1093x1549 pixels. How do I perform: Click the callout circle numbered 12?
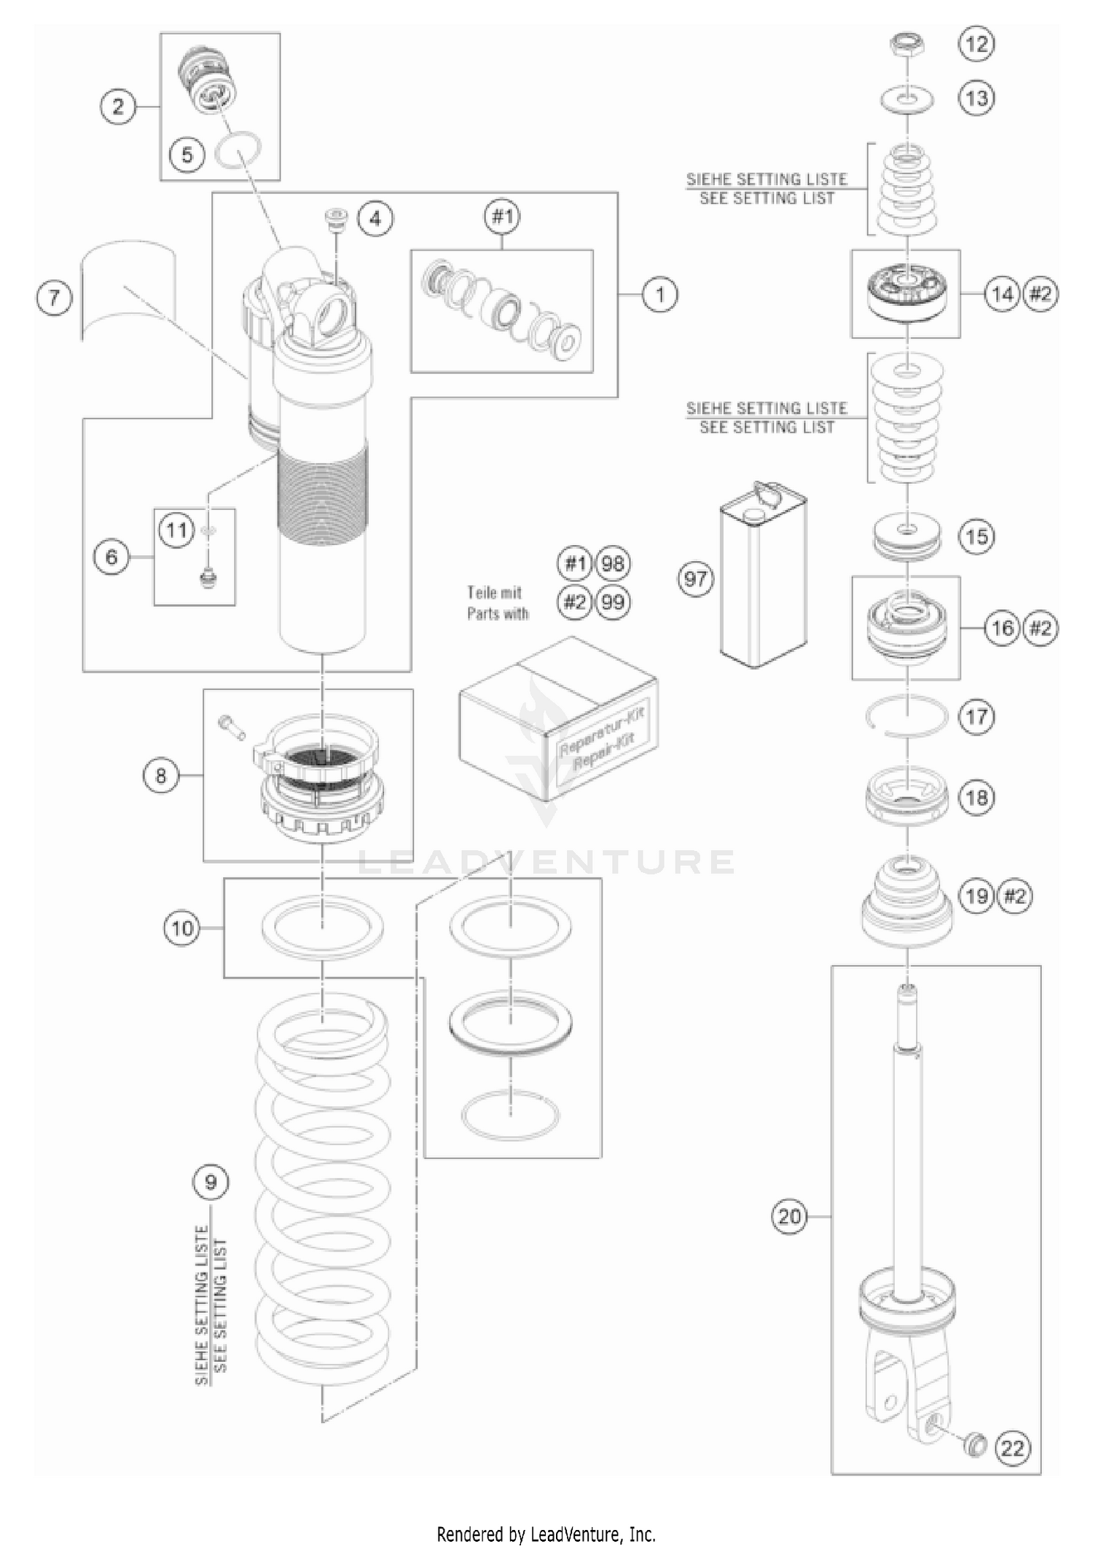(976, 44)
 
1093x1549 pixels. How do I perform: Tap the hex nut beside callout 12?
(908, 46)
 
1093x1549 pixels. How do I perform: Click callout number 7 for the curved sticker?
(55, 299)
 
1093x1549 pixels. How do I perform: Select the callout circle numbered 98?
(613, 563)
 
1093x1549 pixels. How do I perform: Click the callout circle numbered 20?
(790, 1216)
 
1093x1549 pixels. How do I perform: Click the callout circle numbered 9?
(211, 1181)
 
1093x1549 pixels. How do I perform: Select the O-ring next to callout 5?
(238, 151)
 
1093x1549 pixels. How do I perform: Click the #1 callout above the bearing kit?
(502, 216)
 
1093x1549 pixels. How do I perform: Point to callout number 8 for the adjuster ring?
(160, 775)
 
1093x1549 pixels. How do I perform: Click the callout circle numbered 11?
(177, 529)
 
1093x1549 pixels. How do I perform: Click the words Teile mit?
(494, 592)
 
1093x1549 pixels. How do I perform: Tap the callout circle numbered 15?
(976, 536)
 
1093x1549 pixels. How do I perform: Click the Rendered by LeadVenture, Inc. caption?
(546, 1534)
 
